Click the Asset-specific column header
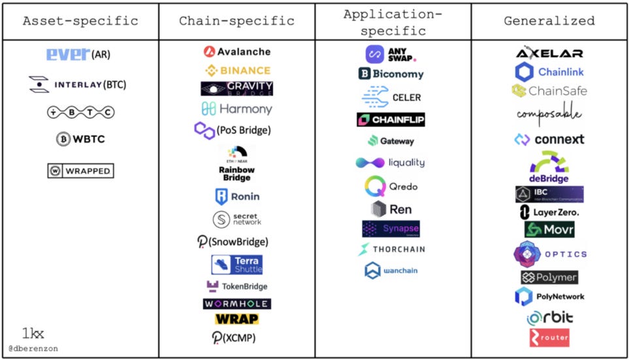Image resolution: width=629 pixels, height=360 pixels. tap(80, 21)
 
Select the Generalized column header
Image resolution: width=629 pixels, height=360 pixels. tap(549, 21)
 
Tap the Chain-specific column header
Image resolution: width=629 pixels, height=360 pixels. tap(236, 21)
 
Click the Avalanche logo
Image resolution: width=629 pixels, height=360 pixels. tap(236, 52)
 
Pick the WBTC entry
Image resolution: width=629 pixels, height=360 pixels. tap(80, 139)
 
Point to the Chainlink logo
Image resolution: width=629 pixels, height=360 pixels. tap(549, 72)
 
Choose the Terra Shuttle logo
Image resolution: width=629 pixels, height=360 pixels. tap(236, 265)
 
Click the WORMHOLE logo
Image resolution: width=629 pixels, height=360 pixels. tap(236, 304)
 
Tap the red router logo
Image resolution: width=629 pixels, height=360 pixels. tap(549, 338)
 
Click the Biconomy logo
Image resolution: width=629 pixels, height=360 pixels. tap(391, 74)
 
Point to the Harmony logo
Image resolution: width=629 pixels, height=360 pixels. tap(236, 108)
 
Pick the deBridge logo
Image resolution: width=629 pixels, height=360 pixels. tap(549, 167)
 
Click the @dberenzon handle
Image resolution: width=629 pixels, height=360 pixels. tap(33, 349)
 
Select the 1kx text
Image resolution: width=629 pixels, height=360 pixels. tap(33, 334)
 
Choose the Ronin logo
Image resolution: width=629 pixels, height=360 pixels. tap(236, 196)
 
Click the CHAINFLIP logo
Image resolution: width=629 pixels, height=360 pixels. tap(391, 120)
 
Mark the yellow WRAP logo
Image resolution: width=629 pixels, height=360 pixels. tap(236, 319)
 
